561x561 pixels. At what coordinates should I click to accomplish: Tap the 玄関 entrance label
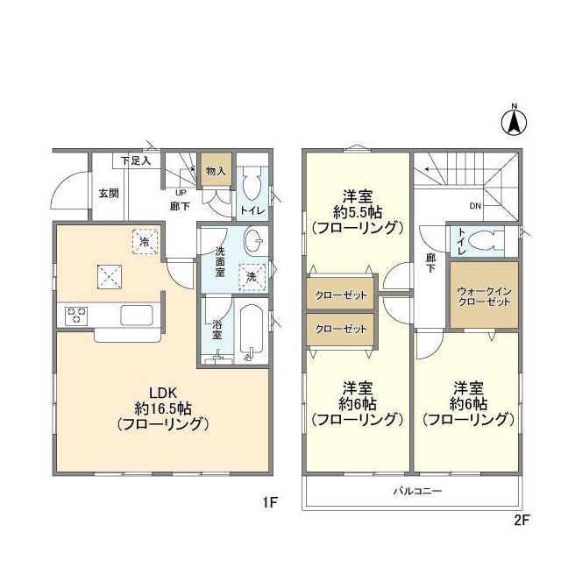pos(108,194)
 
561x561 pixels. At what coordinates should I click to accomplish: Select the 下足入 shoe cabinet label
pos(136,160)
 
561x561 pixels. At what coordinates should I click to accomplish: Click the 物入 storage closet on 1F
pos(215,171)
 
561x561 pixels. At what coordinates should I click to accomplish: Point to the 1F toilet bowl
pos(252,186)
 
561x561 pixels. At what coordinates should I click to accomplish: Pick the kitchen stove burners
pos(76,314)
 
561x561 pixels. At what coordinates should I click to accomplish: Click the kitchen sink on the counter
pos(137,314)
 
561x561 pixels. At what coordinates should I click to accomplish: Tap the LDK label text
pos(162,393)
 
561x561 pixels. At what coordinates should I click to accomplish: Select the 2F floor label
pos(522,519)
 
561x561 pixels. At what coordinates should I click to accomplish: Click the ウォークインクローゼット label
pos(485,295)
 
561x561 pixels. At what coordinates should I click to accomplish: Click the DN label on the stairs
pos(475,207)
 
